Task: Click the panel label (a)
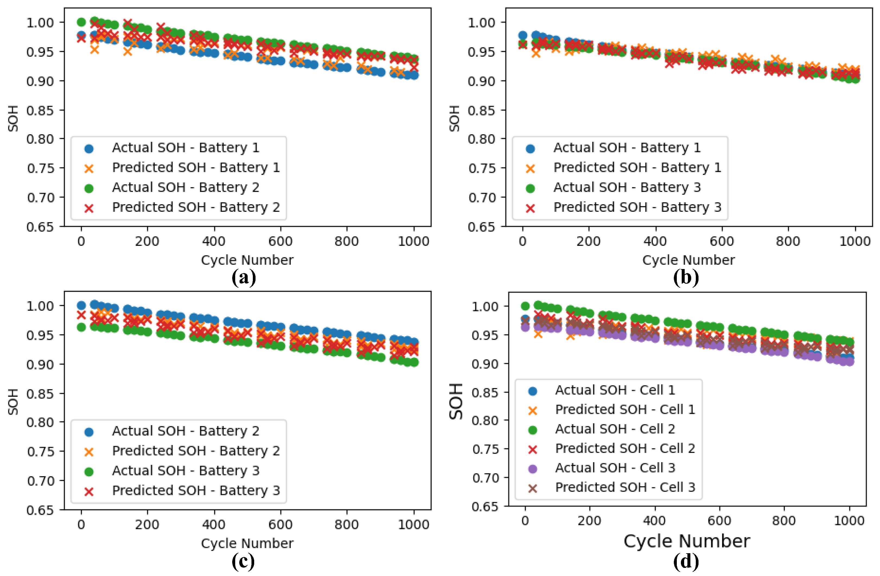[x=243, y=277]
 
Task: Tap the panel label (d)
[x=685, y=561]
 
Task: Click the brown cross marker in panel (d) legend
[x=533, y=488]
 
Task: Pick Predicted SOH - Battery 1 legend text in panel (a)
[x=196, y=168]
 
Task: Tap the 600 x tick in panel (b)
[x=721, y=241]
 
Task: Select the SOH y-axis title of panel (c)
[x=13, y=402]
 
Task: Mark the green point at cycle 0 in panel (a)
[x=81, y=22]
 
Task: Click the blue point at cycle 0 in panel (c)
[x=81, y=305]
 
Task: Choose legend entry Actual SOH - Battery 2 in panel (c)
[x=186, y=431]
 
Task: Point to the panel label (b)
[x=685, y=277]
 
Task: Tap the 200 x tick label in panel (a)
[x=147, y=241]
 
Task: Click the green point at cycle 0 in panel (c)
[x=81, y=327]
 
